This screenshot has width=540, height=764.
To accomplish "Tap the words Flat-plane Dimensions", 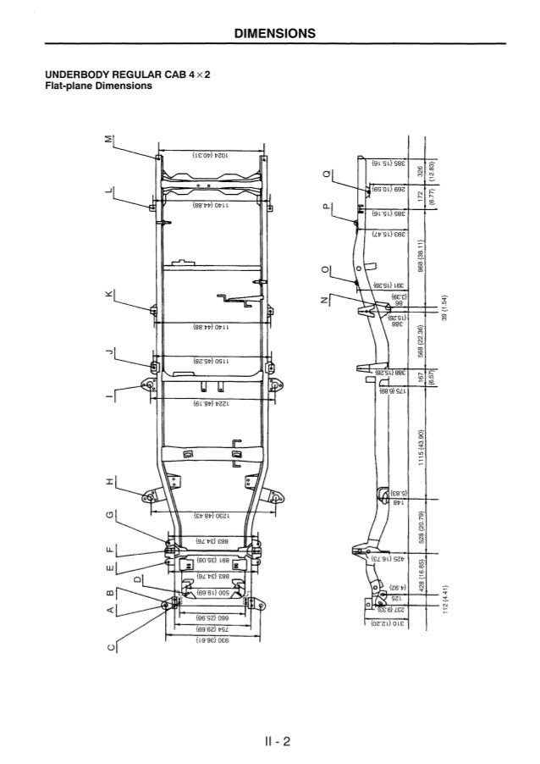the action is point(98,86).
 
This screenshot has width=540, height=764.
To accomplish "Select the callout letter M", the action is point(108,139).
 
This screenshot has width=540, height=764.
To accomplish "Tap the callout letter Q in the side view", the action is point(328,176).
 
